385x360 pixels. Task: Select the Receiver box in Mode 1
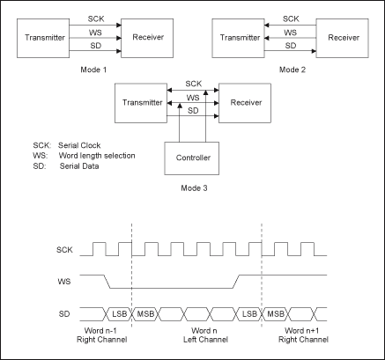click(144, 40)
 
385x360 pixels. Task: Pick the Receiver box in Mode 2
click(341, 40)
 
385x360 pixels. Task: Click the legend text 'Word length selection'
click(96, 155)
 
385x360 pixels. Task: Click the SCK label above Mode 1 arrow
click(95, 18)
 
